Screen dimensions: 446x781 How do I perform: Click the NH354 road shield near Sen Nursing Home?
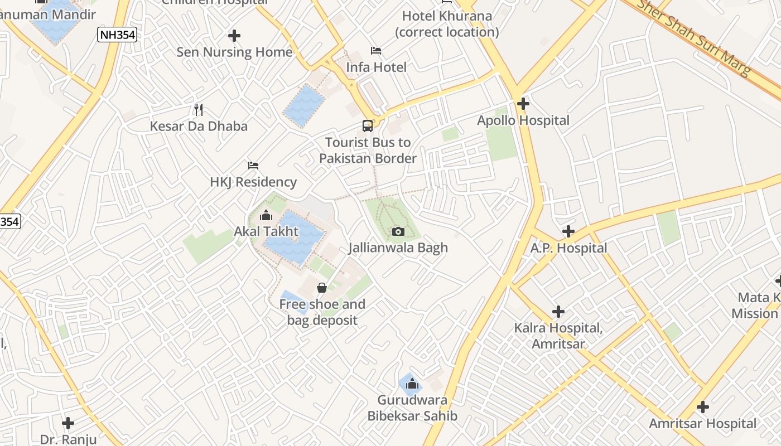pos(117,35)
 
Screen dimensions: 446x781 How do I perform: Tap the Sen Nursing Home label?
pos(234,52)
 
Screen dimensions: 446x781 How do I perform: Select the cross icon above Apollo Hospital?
pos(523,103)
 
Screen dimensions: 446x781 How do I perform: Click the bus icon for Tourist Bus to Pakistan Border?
pos(367,125)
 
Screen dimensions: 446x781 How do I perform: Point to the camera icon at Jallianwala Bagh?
pos(398,231)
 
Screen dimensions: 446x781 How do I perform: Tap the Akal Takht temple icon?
pos(266,215)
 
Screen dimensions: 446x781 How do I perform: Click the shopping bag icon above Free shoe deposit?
pos(322,288)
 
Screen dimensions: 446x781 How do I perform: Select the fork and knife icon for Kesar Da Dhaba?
pos(198,109)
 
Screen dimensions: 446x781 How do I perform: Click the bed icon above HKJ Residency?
pos(253,166)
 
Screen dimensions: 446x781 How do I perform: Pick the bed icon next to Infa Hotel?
pos(376,51)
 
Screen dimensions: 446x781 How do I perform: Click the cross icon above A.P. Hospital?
pos(568,231)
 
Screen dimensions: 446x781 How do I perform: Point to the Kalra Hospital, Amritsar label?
pos(558,336)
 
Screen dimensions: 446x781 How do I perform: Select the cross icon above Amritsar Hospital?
pos(702,407)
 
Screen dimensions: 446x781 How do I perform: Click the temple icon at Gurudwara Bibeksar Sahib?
pos(412,384)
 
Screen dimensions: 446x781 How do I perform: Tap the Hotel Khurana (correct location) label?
pos(447,24)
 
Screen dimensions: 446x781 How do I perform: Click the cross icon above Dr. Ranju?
pos(68,423)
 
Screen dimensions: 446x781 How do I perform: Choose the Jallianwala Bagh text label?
pos(398,248)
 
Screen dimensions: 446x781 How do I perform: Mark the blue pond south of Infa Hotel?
pos(304,106)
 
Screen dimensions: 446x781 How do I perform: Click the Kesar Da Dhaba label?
pos(199,126)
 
